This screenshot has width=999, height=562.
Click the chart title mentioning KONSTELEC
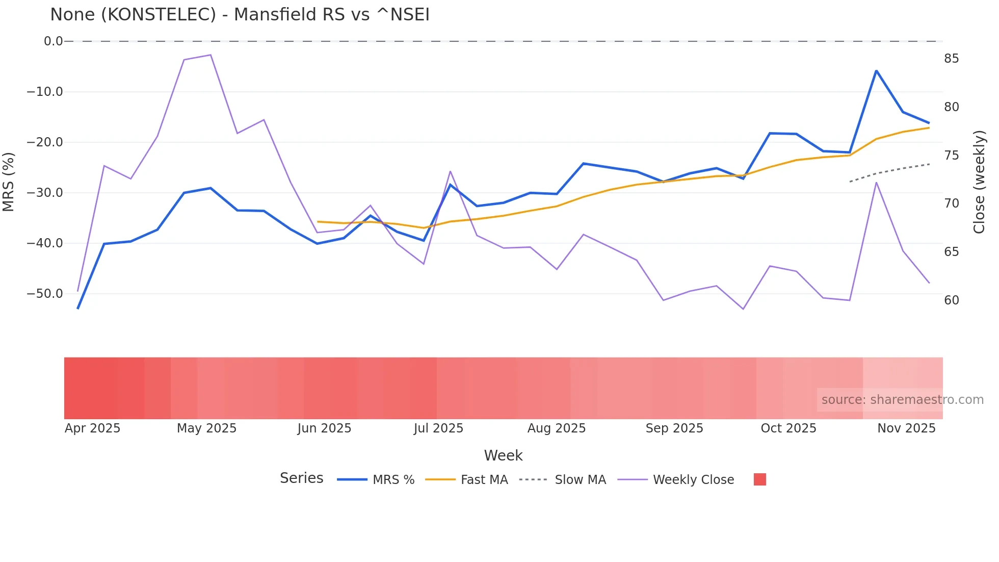240,15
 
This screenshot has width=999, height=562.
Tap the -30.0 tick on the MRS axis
45,193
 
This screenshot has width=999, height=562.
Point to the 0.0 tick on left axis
53,41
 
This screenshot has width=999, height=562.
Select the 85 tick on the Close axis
951,59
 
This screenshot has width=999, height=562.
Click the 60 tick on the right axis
951,300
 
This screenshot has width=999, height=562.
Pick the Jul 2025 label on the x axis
438,428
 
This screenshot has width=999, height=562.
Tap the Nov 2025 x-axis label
906,428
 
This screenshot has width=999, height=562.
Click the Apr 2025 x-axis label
92,428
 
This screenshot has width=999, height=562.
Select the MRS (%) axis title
9,182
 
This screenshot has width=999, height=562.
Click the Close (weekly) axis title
979,182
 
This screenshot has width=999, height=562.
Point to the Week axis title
503,455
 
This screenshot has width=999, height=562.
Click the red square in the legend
759,479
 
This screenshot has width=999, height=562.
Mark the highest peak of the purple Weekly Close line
211,55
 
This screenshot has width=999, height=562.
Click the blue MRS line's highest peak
876,71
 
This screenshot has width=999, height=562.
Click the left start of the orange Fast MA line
318,222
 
